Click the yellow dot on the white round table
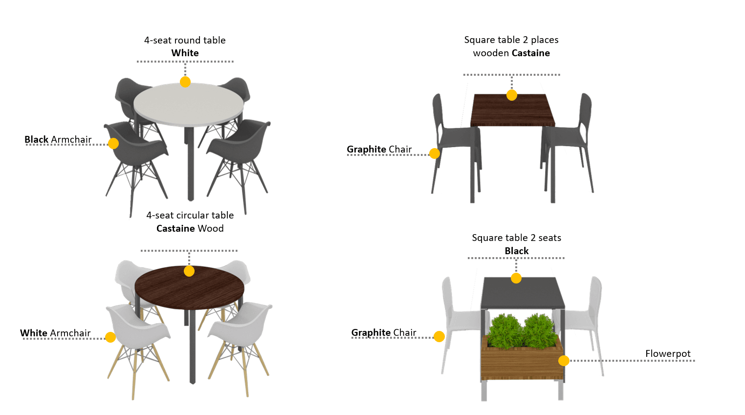[x=185, y=82]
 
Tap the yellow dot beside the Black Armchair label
[x=113, y=143]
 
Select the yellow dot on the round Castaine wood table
[x=189, y=271]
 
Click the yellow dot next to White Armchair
[x=110, y=337]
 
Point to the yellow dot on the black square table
[x=516, y=278]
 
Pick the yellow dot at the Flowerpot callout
[x=564, y=360]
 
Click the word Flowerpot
[x=668, y=353]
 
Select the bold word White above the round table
[x=185, y=53]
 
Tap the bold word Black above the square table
[x=517, y=251]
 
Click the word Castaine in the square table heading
[x=530, y=53]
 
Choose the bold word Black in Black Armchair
[x=37, y=139]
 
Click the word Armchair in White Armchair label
[x=70, y=333]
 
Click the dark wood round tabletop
[x=189, y=287]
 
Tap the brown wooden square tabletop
[x=512, y=109]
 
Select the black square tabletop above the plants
[x=523, y=293]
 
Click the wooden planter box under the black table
[x=522, y=359]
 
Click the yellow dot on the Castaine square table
[x=512, y=95]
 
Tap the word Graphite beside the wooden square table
[x=367, y=149]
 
